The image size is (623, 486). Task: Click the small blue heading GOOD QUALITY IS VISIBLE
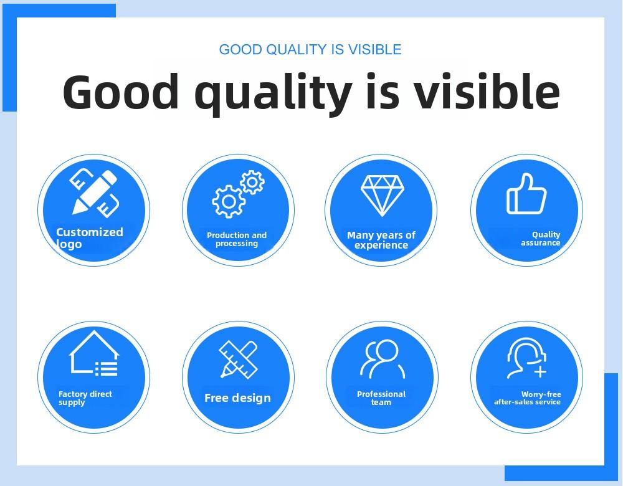pos(310,50)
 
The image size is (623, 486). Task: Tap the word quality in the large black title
pos(273,95)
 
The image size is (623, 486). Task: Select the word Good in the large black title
pos(121,91)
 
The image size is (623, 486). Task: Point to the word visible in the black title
pos(487,91)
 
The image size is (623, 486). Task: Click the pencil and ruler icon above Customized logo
pos(95,193)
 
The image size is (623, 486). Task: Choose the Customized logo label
pos(89,237)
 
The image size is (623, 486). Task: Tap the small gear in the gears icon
pos(252,182)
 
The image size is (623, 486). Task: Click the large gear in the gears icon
pos(229,201)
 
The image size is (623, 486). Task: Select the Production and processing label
pos(237,239)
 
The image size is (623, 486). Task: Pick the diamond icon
pos(383,196)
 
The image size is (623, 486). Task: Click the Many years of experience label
pos(381,240)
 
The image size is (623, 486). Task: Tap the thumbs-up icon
pos(526,194)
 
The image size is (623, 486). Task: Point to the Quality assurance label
pos(541,239)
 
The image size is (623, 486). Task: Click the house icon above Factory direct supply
pos(94,353)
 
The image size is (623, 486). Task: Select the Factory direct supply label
pos(85,398)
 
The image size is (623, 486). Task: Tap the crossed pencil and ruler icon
pos(239,360)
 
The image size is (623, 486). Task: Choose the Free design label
pos(237,398)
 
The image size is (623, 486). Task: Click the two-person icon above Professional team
pos(383,359)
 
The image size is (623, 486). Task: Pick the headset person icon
pos(526,358)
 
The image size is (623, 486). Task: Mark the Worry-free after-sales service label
pos(528,398)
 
